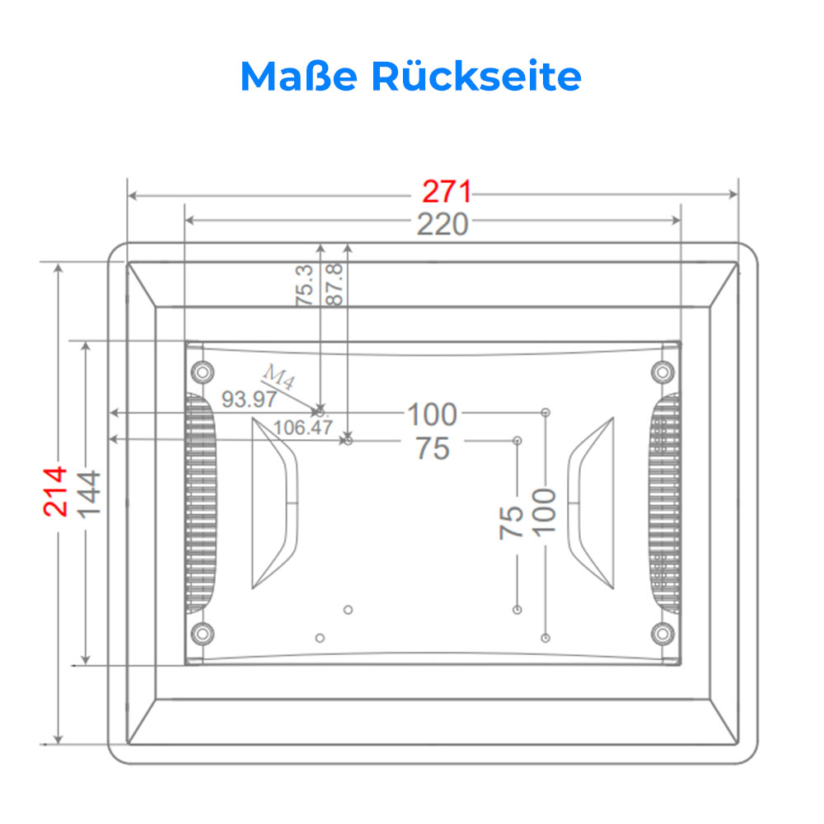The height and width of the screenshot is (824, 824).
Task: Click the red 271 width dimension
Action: pos(447,191)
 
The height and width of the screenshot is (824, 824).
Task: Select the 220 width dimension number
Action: pos(442,224)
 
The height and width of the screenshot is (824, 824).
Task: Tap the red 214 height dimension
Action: pos(55,491)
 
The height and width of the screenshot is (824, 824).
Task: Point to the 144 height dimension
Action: pos(88,494)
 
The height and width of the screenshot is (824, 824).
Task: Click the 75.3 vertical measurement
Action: pos(304,285)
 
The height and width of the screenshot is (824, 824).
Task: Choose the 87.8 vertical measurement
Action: pos(335,285)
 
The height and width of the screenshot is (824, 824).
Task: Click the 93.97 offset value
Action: pos(249,400)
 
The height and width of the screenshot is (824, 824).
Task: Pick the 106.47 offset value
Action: pos(302,427)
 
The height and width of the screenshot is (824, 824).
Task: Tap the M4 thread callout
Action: pos(279,376)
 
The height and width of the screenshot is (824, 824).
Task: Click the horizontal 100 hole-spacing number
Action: pos(433,414)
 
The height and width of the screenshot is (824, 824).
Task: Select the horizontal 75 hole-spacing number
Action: pos(433,449)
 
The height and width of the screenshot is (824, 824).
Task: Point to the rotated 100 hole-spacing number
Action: pos(544,513)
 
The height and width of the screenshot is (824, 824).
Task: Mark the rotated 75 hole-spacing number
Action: pos(511,522)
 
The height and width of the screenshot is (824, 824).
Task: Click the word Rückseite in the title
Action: pos(476,77)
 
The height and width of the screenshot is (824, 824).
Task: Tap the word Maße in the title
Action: pos(299,77)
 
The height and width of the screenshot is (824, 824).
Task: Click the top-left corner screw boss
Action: pos(203,372)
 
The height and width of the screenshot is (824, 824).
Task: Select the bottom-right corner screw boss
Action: pos(662,634)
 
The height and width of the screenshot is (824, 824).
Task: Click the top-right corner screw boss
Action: pos(662,372)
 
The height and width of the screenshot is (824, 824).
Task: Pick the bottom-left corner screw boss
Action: pos(203,634)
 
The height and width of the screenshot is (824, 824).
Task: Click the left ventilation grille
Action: pos(200,503)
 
